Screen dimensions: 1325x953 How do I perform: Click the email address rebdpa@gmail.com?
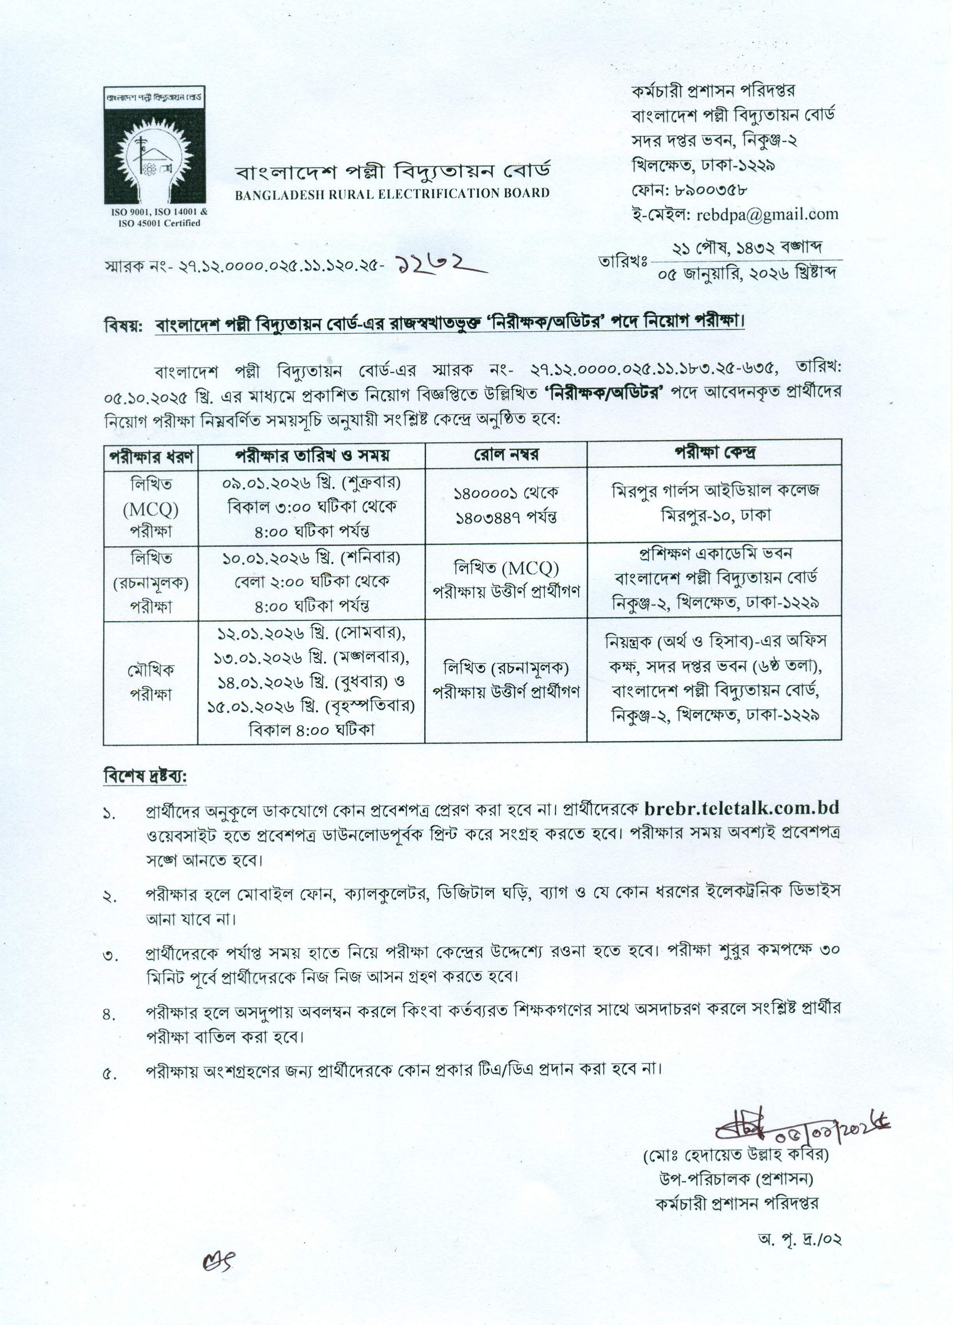767,214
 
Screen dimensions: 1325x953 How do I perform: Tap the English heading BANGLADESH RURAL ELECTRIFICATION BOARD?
392,193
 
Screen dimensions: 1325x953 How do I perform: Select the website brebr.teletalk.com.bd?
742,808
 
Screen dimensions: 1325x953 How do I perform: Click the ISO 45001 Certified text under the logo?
159,222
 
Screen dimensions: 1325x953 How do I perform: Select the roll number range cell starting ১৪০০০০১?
506,505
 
